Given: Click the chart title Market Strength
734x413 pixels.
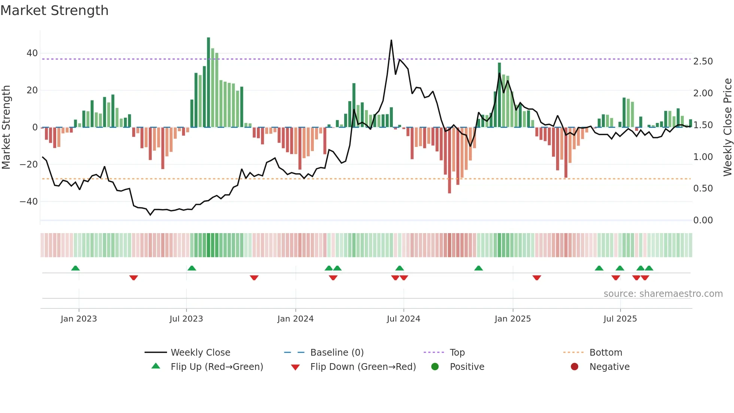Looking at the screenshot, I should [x=54, y=10].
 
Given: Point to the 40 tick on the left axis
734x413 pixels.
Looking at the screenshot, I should [x=32, y=53].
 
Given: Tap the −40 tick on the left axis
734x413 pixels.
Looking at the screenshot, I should [x=29, y=202].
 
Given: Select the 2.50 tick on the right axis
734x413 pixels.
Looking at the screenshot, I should [x=703, y=61].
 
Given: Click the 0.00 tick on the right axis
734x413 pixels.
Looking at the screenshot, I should [x=703, y=220].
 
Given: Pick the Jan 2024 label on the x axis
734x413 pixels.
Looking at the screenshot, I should [x=295, y=319].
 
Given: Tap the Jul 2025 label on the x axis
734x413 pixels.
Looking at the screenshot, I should [x=620, y=319].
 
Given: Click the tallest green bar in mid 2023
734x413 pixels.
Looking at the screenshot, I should [x=209, y=82].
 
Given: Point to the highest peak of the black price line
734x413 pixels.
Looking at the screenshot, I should [x=391, y=40].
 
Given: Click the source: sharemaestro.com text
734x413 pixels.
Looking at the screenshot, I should [x=663, y=294].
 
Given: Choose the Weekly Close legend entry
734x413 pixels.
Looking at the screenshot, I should [x=200, y=353].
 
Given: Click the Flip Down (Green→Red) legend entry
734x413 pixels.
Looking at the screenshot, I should [x=363, y=367].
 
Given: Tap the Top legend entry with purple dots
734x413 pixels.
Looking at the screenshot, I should [x=457, y=353].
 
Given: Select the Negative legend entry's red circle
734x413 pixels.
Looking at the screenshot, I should [x=574, y=367].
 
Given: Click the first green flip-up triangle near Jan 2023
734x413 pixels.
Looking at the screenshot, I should [x=75, y=268].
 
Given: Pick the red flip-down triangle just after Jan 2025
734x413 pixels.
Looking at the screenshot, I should [x=537, y=278].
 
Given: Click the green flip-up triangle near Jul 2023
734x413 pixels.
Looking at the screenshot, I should [x=192, y=268].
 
